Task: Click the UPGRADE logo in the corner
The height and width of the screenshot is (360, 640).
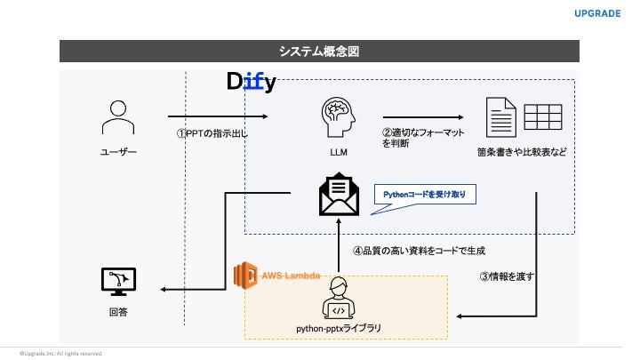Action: click(597, 14)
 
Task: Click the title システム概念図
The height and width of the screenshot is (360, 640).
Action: click(319, 52)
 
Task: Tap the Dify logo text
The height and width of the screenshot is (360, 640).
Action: click(251, 83)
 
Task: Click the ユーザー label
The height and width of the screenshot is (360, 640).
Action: click(117, 152)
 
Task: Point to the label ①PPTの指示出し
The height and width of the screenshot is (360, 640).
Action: click(211, 134)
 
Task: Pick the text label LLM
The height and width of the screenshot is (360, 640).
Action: click(339, 152)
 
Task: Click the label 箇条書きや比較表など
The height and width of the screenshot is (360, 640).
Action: click(522, 152)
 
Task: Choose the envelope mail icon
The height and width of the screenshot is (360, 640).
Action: click(339, 195)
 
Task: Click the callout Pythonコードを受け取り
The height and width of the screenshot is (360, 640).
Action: click(424, 194)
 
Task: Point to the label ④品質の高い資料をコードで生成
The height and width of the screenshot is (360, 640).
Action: click(420, 251)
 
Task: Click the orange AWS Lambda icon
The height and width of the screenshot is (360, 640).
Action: click(246, 276)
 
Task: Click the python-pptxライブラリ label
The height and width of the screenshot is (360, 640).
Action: click(339, 328)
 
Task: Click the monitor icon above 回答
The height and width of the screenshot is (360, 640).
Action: click(117, 282)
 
